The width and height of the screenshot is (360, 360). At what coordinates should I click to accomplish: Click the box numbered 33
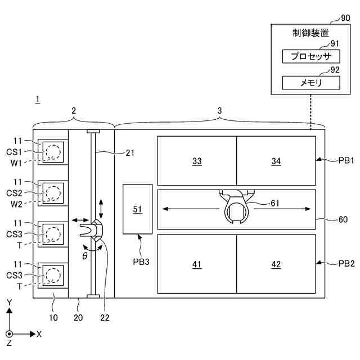[197, 161]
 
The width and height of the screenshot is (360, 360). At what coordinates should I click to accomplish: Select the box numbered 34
[276, 161]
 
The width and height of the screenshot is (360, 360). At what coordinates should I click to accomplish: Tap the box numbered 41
[197, 264]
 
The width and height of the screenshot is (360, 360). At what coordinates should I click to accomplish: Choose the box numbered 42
[276, 264]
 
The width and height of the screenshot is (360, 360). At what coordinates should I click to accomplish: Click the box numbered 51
[137, 209]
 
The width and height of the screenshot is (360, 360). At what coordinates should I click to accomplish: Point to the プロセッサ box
[311, 56]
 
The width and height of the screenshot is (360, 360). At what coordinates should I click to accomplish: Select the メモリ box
[311, 83]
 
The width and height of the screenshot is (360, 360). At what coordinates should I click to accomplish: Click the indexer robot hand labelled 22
[93, 231]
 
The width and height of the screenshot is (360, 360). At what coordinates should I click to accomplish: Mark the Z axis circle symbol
[10, 334]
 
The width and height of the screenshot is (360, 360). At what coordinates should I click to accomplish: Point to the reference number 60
[342, 219]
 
